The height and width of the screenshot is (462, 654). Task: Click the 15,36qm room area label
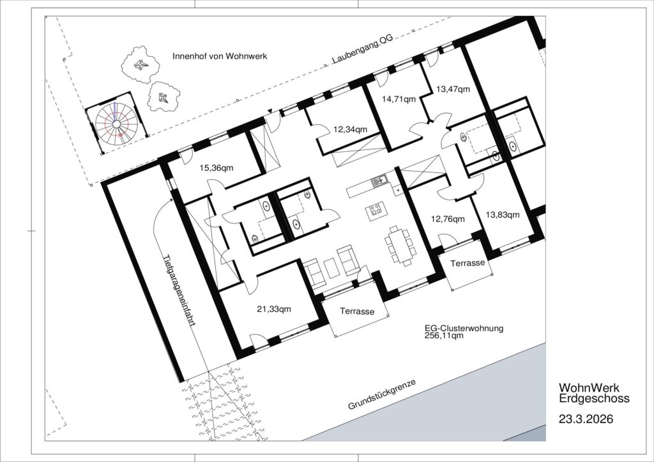[x=217, y=168]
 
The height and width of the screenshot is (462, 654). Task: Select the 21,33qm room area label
[x=274, y=309]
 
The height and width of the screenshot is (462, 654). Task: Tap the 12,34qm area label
[x=351, y=130]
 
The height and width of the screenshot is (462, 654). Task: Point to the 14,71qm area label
[x=399, y=99]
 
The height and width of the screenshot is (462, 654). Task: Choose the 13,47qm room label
[x=453, y=89]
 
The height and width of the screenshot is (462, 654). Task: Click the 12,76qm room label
[x=448, y=219]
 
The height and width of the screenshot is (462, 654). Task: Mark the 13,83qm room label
[x=503, y=215]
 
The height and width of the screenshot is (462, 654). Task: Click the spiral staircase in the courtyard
[x=116, y=123]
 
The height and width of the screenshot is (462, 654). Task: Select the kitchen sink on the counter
[x=379, y=181]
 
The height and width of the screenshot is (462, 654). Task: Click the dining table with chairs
[x=400, y=246]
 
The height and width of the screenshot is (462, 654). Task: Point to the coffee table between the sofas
[x=332, y=268]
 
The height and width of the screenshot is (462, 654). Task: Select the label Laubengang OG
[x=363, y=50]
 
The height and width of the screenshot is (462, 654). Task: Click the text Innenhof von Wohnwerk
[x=220, y=56]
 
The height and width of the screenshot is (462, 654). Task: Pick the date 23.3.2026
[x=586, y=419]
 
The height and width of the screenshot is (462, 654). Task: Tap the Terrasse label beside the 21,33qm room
[x=357, y=311]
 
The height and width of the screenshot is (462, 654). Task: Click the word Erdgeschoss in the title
[x=595, y=399]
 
